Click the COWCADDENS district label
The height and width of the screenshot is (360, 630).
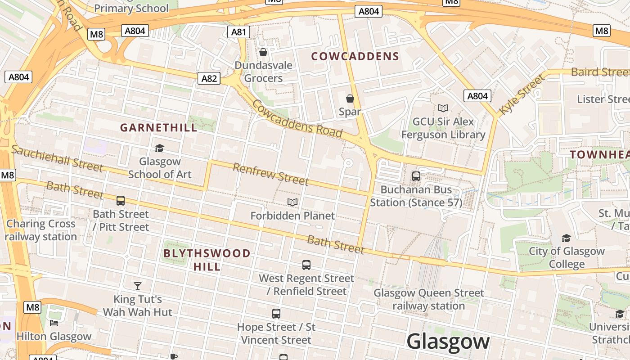coord(355,56)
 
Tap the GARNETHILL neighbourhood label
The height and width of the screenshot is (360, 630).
coord(158,128)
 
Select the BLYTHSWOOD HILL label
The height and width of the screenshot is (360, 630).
coord(207,260)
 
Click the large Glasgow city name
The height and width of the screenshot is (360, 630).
coord(448,342)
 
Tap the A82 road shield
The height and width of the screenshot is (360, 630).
coord(209,79)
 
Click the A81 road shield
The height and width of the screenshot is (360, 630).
coord(238,31)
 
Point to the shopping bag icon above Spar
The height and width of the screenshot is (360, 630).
coord(350,99)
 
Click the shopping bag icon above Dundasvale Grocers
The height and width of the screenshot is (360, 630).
coord(263,53)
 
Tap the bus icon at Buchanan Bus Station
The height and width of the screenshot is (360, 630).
coord(416,176)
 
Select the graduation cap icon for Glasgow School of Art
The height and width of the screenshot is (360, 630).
coord(159,148)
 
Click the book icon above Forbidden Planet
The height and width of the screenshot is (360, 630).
coord(292,202)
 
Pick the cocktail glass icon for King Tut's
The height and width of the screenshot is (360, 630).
coord(138,286)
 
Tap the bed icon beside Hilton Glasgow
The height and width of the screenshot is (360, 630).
coord(54,323)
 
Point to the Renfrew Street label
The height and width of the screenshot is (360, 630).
coord(270,175)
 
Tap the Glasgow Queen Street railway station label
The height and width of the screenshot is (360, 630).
coord(428,299)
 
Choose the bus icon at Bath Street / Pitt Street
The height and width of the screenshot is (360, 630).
coord(121,201)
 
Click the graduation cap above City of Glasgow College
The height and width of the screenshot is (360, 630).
coord(566,238)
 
